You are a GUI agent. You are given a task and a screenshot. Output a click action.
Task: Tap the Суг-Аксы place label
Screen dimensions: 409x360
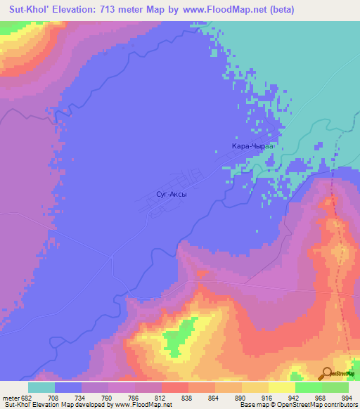(172, 192)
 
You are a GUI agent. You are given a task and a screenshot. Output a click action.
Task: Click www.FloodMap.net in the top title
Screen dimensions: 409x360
(229, 10)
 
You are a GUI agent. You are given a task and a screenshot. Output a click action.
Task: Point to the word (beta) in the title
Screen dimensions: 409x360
(281, 10)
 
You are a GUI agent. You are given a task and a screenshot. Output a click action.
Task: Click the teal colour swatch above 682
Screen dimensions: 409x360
(41, 387)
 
